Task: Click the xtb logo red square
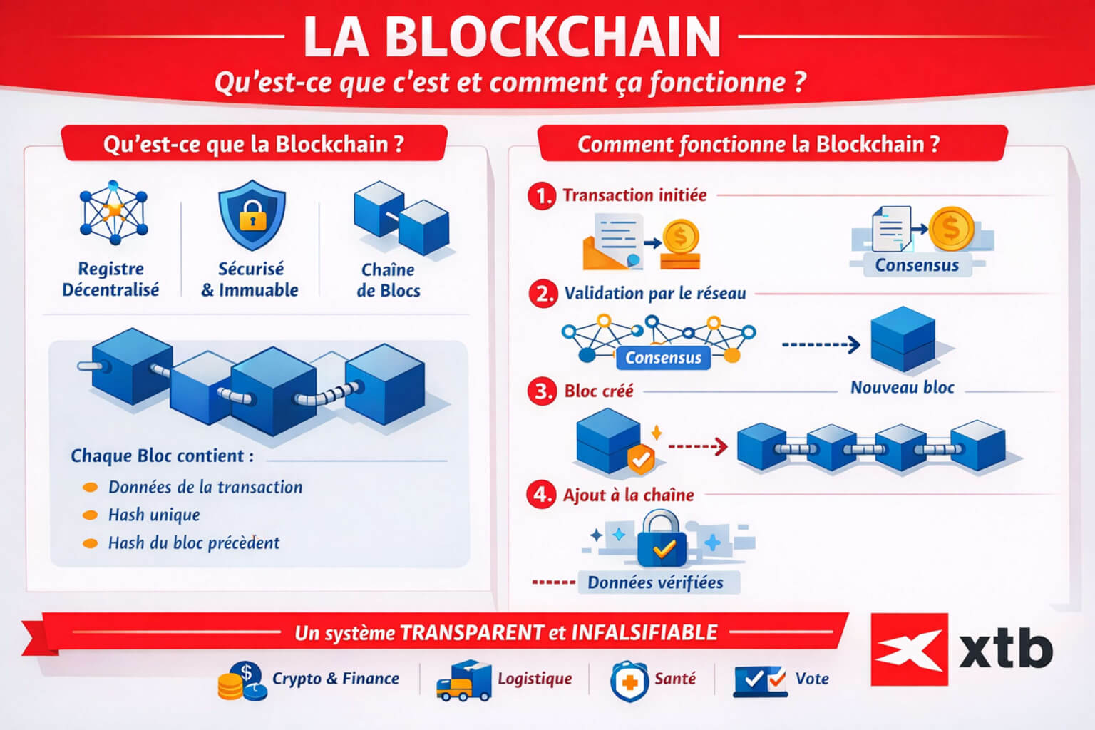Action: click(909, 649)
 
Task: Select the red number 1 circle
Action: click(542, 195)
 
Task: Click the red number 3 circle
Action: click(542, 391)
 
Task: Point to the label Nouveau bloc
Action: click(902, 387)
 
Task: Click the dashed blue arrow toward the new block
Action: click(821, 345)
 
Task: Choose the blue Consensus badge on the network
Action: click(663, 357)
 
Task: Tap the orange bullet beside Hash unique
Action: click(91, 515)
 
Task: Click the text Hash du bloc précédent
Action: click(193, 543)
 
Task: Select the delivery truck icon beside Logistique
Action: click(463, 680)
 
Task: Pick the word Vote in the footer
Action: click(812, 678)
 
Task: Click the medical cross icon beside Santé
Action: click(628, 681)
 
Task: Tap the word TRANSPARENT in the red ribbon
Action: click(471, 632)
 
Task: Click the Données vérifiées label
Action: click(654, 582)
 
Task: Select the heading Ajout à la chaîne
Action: click(628, 495)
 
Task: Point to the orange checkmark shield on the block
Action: click(641, 460)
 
